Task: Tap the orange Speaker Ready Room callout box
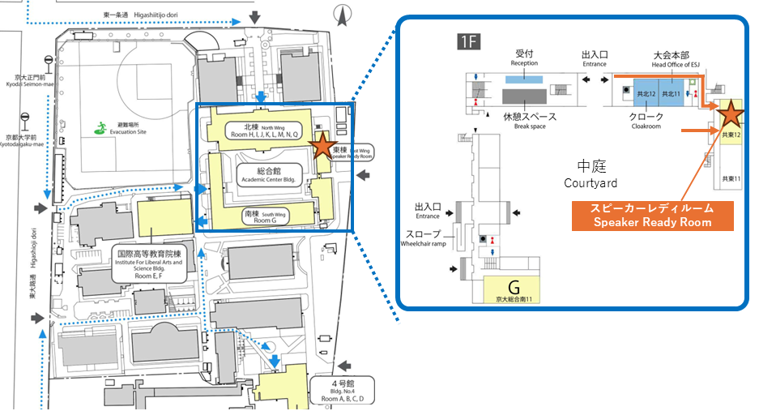coord(652,216)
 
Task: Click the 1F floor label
coord(467,42)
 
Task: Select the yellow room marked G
coord(512,289)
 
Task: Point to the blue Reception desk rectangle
coord(524,79)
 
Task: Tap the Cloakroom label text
coord(647,122)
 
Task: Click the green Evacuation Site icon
coord(101,126)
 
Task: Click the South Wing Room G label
coord(262,216)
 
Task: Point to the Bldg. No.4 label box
coord(342,390)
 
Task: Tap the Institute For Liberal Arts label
coord(149,263)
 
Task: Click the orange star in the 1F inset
coord(731,113)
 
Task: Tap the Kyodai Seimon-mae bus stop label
coord(19,81)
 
